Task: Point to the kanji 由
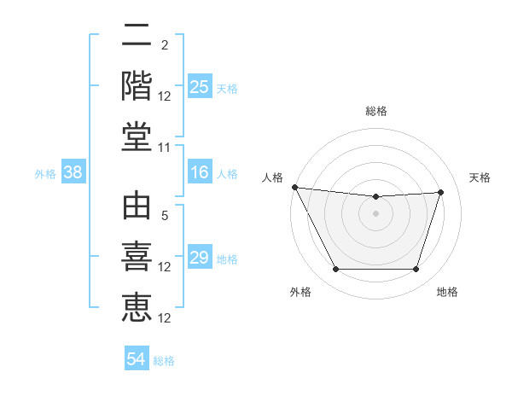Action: coord(137,207)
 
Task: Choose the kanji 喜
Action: coord(137,257)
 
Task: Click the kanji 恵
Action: coord(137,306)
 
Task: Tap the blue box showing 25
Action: coord(199,86)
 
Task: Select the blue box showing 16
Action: coord(199,173)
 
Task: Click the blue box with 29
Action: coord(199,258)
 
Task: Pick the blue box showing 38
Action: coord(73,173)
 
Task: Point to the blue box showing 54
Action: coord(137,360)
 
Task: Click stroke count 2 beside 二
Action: coord(164,45)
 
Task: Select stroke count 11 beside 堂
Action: coord(165,147)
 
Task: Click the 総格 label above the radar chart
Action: coord(375,111)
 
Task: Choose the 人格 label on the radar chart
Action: coord(273,177)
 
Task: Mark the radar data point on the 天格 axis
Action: coord(440,192)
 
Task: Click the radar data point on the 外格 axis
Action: coord(335,270)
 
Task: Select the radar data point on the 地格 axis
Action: coord(416,270)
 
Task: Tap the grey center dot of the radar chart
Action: coord(375,213)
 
